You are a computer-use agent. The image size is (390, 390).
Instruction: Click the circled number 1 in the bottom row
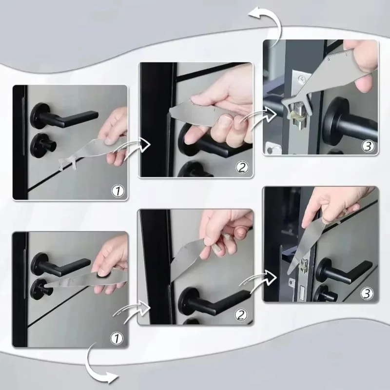click(x=117, y=337)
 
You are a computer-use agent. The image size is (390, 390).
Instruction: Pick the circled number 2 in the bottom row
click(x=241, y=315)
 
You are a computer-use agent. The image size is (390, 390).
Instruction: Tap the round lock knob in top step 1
click(x=41, y=144)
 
